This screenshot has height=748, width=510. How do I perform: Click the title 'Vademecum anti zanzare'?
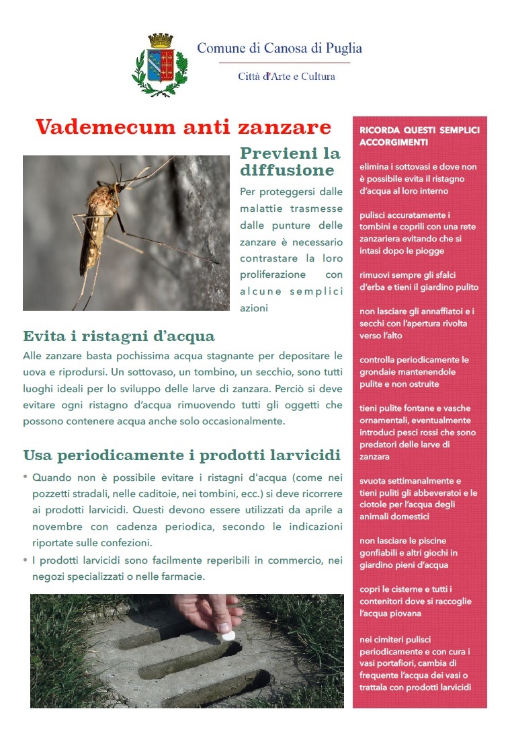click(183, 127)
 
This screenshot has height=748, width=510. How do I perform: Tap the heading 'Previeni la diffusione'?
click(290, 161)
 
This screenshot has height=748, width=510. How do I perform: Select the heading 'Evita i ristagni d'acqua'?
click(119, 336)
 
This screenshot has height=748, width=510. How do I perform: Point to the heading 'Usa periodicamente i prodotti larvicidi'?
click(181, 455)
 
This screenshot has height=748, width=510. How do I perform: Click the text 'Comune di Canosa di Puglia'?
click(280, 48)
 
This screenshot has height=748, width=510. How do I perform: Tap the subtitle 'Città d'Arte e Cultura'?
click(286, 77)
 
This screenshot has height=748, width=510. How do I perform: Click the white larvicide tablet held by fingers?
click(226, 633)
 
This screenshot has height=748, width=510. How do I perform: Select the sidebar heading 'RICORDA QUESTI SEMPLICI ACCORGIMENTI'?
click(419, 137)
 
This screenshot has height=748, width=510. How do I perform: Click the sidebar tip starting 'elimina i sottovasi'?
click(418, 178)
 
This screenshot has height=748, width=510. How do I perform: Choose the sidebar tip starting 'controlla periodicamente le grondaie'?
click(415, 371)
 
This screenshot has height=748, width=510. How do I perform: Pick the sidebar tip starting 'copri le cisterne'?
click(415, 601)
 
